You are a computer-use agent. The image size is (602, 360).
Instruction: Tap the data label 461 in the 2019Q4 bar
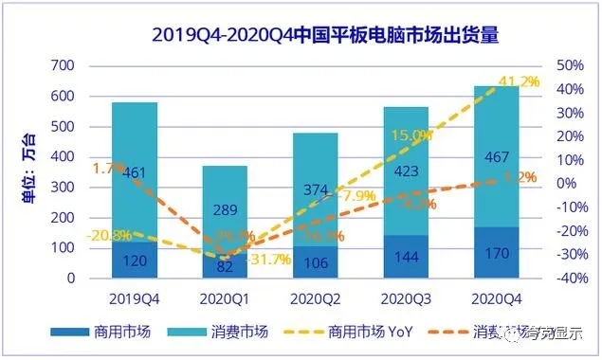point(134,172)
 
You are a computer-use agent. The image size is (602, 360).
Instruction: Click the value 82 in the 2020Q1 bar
point(224,266)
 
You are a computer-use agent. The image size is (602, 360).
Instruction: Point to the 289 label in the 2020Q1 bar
point(224,208)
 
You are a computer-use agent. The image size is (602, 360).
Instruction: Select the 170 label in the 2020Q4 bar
point(496,253)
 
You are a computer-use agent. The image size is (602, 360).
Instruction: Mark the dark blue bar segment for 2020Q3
point(406,257)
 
